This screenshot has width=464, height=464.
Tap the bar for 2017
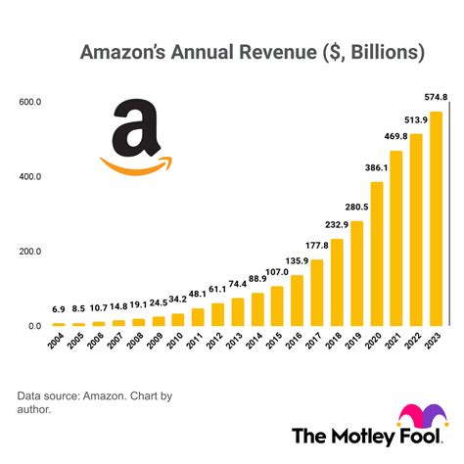(316, 293)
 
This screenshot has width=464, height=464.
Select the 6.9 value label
(59, 309)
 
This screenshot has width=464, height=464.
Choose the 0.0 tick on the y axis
(34, 326)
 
